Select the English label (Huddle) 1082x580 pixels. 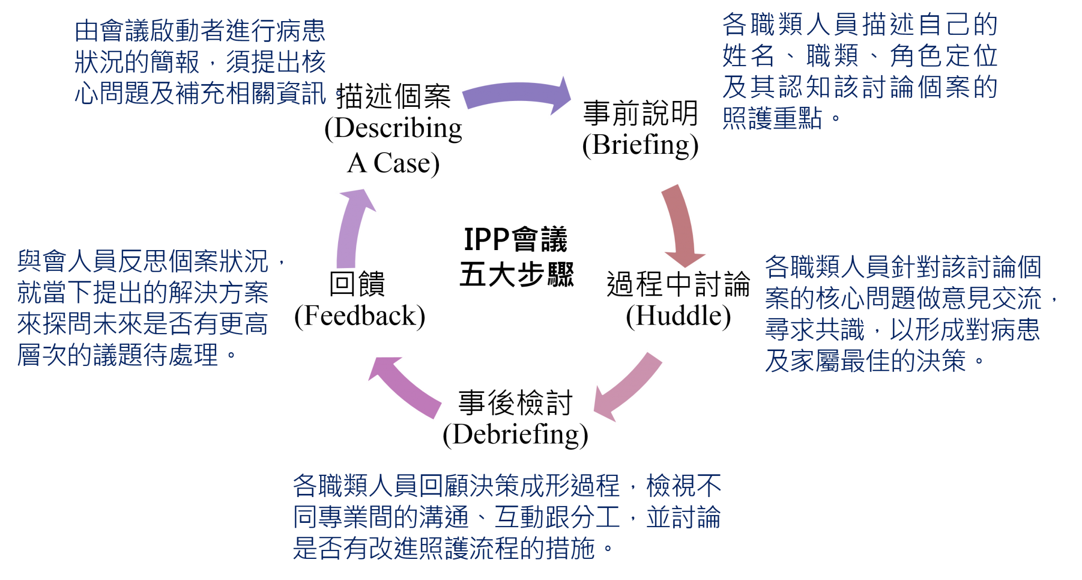tap(678, 316)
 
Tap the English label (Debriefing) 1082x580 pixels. tap(515, 435)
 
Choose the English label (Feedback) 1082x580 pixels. tap(360, 316)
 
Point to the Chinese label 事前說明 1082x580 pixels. tap(640, 113)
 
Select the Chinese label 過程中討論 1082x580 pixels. tap(678, 284)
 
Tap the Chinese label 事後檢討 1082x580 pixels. tap(515, 402)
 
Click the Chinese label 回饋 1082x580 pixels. tap(357, 283)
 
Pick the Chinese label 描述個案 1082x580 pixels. tap(394, 96)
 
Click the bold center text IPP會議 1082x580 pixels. tap(516, 240)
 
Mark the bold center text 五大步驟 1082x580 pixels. tap(517, 274)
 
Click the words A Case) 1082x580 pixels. tap(393, 163)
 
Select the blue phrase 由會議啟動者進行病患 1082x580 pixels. tap(200, 31)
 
